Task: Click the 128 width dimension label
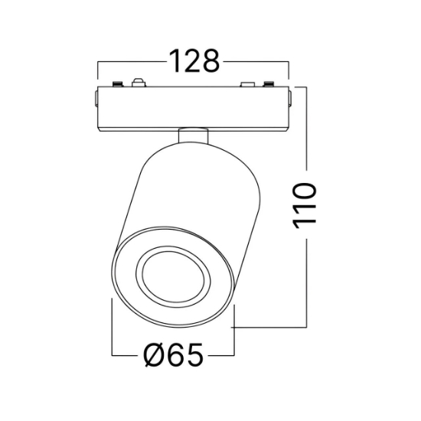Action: tap(194, 61)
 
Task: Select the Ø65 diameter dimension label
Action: tap(173, 354)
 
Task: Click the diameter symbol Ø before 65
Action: tap(154, 354)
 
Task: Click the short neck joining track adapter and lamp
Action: tap(193, 136)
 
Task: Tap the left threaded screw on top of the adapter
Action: tap(117, 83)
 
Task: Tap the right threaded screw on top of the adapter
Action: tap(268, 83)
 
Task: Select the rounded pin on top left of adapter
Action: tap(139, 83)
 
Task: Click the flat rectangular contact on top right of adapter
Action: tap(247, 84)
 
